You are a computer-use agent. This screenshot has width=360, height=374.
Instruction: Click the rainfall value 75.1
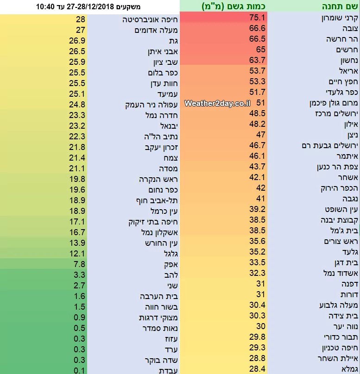coord(256,18)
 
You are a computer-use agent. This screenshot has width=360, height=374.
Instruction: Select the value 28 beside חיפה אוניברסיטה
coord(80,20)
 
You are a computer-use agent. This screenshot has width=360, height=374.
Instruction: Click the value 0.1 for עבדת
coord(80,370)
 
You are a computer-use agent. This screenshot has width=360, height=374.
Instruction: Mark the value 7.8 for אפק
coord(80,264)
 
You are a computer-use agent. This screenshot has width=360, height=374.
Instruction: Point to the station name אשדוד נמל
coord(341,274)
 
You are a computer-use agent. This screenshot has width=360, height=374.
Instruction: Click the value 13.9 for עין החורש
coord(80,243)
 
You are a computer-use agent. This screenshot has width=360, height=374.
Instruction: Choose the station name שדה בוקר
coord(160,360)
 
